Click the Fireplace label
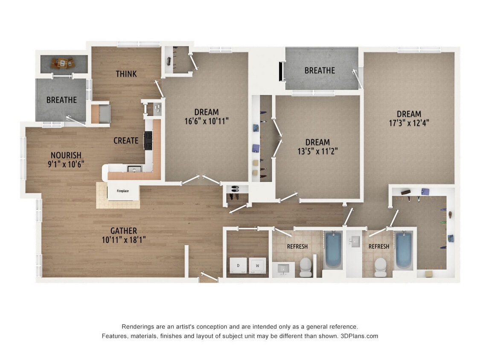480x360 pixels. tap(123, 191)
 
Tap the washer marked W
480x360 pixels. tap(257, 265)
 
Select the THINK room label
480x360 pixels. tap(126, 74)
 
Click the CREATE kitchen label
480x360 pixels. tap(126, 140)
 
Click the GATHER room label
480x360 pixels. tap(124, 231)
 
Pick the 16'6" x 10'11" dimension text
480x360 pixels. tap(207, 121)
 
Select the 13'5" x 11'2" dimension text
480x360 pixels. tap(317, 151)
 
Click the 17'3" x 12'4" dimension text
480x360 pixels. tap(409, 123)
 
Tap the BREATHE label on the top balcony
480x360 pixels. tap(320, 70)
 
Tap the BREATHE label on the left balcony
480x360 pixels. tap(61, 100)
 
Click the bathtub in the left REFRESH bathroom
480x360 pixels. tap(333, 250)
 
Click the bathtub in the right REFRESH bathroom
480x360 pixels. tap(403, 250)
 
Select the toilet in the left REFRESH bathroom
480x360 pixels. tap(305, 267)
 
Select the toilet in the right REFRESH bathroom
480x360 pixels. tap(380, 267)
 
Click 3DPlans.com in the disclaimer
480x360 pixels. tap(359, 336)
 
